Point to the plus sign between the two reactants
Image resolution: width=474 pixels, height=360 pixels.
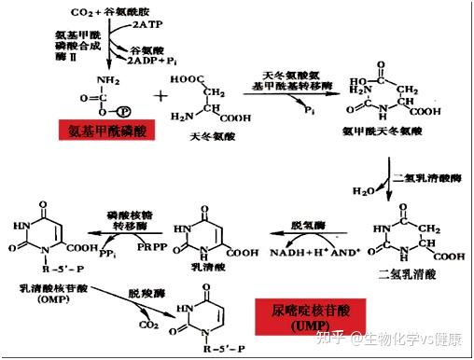[x=158, y=96]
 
